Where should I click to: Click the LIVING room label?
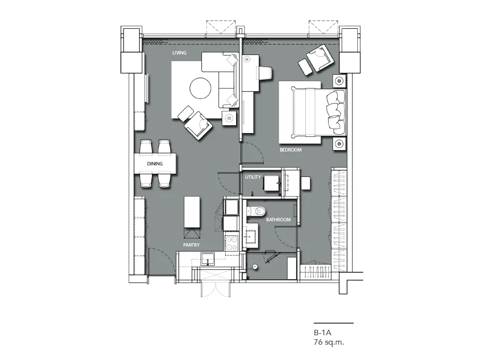point(179,53)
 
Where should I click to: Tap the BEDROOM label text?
point(291,150)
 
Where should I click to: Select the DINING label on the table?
point(154,164)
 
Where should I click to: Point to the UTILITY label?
point(253,177)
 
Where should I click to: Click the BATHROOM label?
point(278,220)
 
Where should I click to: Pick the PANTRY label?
point(191,245)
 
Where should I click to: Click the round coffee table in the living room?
point(200,88)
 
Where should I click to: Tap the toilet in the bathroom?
point(256,211)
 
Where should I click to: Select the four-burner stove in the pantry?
point(232,243)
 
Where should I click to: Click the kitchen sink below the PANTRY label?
point(207,259)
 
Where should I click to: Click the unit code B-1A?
point(322,333)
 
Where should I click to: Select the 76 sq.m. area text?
point(329,342)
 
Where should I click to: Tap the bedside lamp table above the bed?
point(339,81)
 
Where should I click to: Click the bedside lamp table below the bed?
point(339,144)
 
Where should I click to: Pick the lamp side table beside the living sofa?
point(230,118)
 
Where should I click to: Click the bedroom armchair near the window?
point(320,58)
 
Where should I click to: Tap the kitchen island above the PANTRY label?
point(192,212)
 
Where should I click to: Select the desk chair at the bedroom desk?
point(265,73)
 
